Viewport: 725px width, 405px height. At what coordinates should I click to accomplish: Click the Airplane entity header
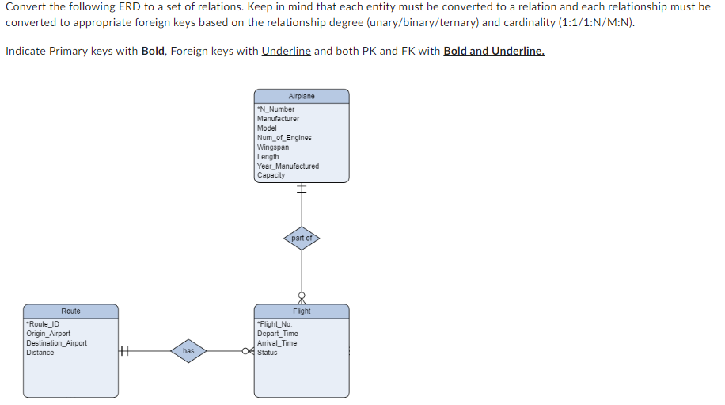[301, 96]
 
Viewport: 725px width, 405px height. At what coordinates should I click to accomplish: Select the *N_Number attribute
[276, 109]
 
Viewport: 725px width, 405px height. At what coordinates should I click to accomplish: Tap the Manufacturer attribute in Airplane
[278, 119]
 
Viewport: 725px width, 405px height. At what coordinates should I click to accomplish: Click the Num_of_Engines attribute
[284, 138]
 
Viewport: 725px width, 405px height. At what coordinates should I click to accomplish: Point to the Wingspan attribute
[273, 147]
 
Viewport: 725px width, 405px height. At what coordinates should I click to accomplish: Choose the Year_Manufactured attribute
[288, 166]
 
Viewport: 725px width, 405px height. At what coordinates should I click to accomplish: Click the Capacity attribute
[271, 175]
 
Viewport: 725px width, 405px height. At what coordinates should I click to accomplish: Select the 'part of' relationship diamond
[302, 238]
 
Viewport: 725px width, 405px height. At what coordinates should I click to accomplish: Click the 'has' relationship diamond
[188, 350]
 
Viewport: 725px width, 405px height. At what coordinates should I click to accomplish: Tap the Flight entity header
[301, 311]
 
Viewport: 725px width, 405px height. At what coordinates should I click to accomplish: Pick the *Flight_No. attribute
[275, 324]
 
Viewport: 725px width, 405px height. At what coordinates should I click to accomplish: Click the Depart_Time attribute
[278, 334]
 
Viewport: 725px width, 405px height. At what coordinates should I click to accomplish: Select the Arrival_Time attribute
[277, 343]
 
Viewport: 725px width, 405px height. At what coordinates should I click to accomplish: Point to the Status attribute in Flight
[268, 353]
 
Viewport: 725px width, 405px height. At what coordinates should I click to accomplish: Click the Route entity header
[70, 311]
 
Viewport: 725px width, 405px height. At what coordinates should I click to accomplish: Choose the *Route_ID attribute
[43, 324]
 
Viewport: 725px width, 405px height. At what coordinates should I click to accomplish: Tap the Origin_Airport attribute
[48, 334]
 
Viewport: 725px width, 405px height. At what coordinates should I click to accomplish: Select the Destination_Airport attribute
[56, 343]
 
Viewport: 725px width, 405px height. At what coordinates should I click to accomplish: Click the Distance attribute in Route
[40, 353]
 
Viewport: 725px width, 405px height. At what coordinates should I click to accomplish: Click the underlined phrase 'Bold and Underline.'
[494, 51]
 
